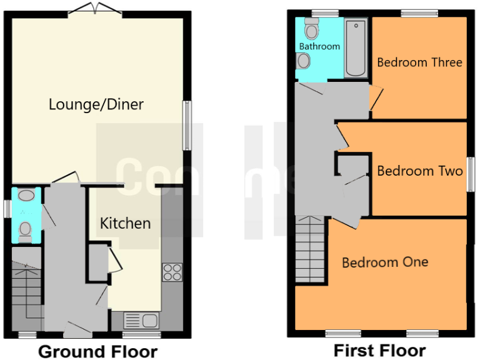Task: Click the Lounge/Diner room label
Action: coord(96,104)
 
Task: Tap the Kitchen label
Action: coord(125,223)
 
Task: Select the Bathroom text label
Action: coord(319,46)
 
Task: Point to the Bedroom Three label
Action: coord(419,62)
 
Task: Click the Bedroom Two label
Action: coord(420,171)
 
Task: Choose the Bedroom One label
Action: coord(385,262)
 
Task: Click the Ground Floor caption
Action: coord(98,351)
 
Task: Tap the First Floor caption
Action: coord(379,350)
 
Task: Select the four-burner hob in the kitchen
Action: coord(172,272)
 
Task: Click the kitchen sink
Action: coord(141,321)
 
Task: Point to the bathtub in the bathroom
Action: coord(356,49)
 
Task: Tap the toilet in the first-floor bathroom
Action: coord(311,29)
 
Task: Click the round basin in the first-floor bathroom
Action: coord(304,61)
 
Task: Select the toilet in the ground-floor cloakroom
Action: coord(26,229)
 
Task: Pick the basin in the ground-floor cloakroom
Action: coord(26,196)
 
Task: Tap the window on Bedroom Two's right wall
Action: coord(470,177)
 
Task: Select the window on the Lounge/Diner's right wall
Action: coord(187,126)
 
